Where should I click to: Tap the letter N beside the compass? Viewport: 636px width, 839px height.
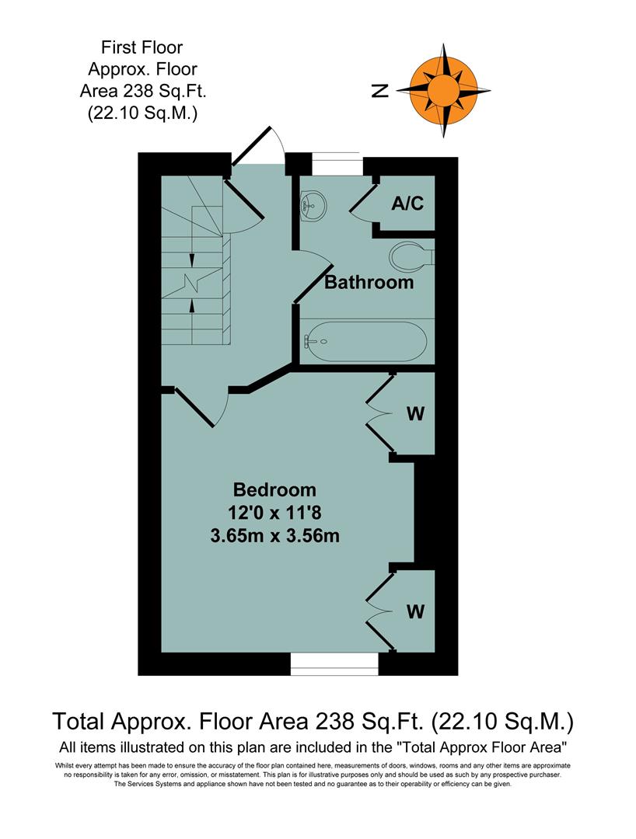[x=379, y=91]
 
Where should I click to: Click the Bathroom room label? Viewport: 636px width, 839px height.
[x=369, y=281]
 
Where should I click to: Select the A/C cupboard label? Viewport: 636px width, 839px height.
[x=407, y=204]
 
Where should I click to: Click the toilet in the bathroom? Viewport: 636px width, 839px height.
[x=409, y=254]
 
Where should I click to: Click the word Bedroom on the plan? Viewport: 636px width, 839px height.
[x=275, y=489]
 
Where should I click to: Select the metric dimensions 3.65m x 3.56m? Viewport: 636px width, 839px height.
[x=275, y=534]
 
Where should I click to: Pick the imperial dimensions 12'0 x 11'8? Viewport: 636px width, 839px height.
[x=275, y=512]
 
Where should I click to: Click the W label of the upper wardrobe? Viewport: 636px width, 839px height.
[x=416, y=413]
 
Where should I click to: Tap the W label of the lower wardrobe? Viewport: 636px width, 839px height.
[x=416, y=611]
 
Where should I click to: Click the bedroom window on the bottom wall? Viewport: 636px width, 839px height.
[x=334, y=662]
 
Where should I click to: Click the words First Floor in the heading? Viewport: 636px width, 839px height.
[x=142, y=48]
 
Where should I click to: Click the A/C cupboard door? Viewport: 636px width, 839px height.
[x=361, y=202]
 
